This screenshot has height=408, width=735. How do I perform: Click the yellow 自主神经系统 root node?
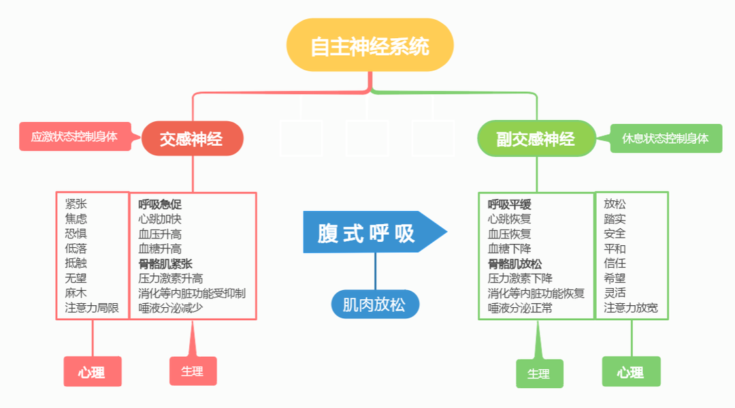(x=370, y=46)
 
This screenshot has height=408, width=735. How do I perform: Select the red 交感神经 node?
(x=192, y=139)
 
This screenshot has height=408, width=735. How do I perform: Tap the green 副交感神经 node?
(x=536, y=139)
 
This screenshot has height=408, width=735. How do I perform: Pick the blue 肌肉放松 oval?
(x=374, y=304)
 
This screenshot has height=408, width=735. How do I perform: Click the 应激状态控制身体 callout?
(x=74, y=136)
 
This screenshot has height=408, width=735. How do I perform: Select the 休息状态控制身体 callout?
(x=666, y=138)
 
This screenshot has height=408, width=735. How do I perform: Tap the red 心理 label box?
(x=92, y=372)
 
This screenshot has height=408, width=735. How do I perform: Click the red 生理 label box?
(x=193, y=371)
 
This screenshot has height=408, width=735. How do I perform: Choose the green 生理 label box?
(x=538, y=373)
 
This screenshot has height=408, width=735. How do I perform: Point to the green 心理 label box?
(x=631, y=372)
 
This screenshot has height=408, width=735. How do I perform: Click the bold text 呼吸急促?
(x=160, y=204)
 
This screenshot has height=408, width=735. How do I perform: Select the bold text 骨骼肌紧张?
(x=165, y=264)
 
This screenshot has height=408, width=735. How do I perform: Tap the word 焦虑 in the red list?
(x=76, y=219)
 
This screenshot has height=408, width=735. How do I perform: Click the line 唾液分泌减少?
(x=170, y=308)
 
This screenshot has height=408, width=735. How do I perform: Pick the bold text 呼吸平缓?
(x=509, y=204)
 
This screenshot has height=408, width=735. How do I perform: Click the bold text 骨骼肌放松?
(x=514, y=264)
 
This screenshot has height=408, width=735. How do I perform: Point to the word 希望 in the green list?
(x=615, y=278)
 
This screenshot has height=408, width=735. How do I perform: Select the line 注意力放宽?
(x=631, y=308)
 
